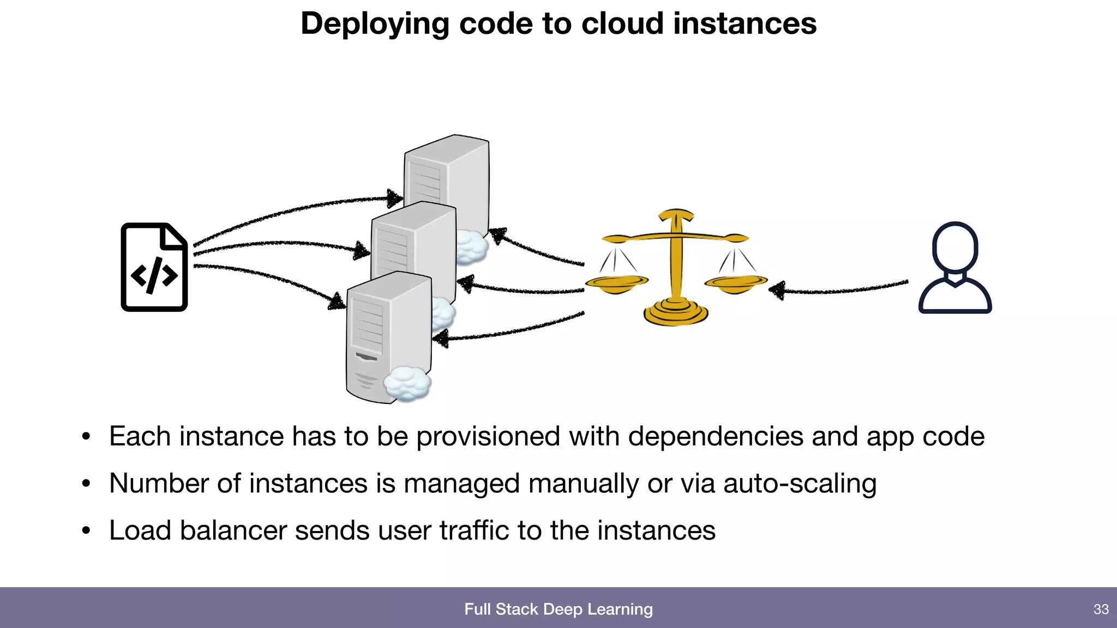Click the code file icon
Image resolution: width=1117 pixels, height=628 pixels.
coord(154,267)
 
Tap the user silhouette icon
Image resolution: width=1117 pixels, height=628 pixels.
coord(955,268)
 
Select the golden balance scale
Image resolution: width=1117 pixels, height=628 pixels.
coord(676,267)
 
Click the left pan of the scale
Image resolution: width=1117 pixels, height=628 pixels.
coord(616,282)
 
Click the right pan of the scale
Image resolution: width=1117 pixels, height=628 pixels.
coord(735,282)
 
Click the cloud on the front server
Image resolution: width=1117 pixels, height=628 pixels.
coord(407,383)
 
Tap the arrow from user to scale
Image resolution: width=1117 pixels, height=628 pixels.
coord(840,289)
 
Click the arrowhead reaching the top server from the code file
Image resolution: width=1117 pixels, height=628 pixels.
coord(394,198)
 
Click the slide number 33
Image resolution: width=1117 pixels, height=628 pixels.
coord(1101,609)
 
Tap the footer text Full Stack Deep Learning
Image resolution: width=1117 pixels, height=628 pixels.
coord(558,609)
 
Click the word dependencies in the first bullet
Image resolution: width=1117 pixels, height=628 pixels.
coord(715,437)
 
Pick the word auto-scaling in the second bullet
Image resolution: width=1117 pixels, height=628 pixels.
coord(800,484)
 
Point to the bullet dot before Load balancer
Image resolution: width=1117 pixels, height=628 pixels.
coord(86,531)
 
